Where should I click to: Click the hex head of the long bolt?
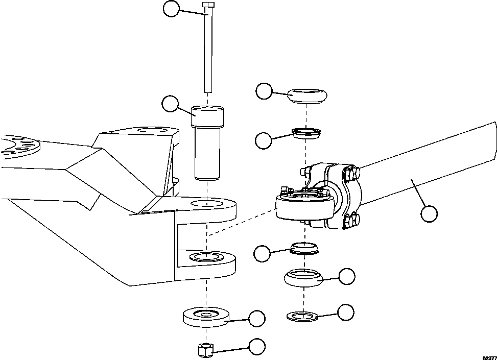pos(207,5)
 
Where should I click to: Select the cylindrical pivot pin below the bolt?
pos(207,143)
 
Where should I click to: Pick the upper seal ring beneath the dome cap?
pos(305,134)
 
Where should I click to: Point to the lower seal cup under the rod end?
pos(303,249)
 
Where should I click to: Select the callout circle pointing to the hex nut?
pos(257,347)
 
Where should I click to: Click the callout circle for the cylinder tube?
pos(429,214)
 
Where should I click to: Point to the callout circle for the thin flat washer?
pos(346,311)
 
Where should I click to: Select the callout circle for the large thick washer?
pos(256,318)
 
